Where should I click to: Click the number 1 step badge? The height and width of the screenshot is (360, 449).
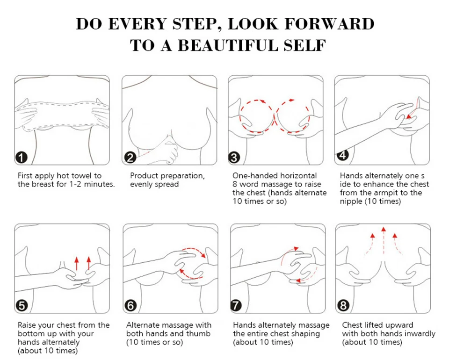pos(22,158)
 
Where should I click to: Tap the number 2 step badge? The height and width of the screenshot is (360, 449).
pos(130,158)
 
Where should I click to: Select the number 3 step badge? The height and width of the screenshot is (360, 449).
pos(234,158)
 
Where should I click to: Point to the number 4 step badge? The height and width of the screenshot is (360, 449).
pos(343,155)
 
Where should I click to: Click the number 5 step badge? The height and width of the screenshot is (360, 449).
pos(22,306)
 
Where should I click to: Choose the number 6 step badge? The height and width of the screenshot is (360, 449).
pos(130,306)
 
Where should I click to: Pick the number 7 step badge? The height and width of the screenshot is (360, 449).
pos(236,305)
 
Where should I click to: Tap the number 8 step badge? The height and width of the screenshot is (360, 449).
pos(343,305)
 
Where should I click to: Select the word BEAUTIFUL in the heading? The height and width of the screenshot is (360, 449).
pos(228,46)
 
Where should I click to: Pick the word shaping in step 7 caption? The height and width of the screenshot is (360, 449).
pos(305,334)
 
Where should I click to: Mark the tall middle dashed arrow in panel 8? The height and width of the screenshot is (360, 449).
pos(384,241)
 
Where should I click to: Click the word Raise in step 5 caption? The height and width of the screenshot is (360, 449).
pos(27,325)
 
